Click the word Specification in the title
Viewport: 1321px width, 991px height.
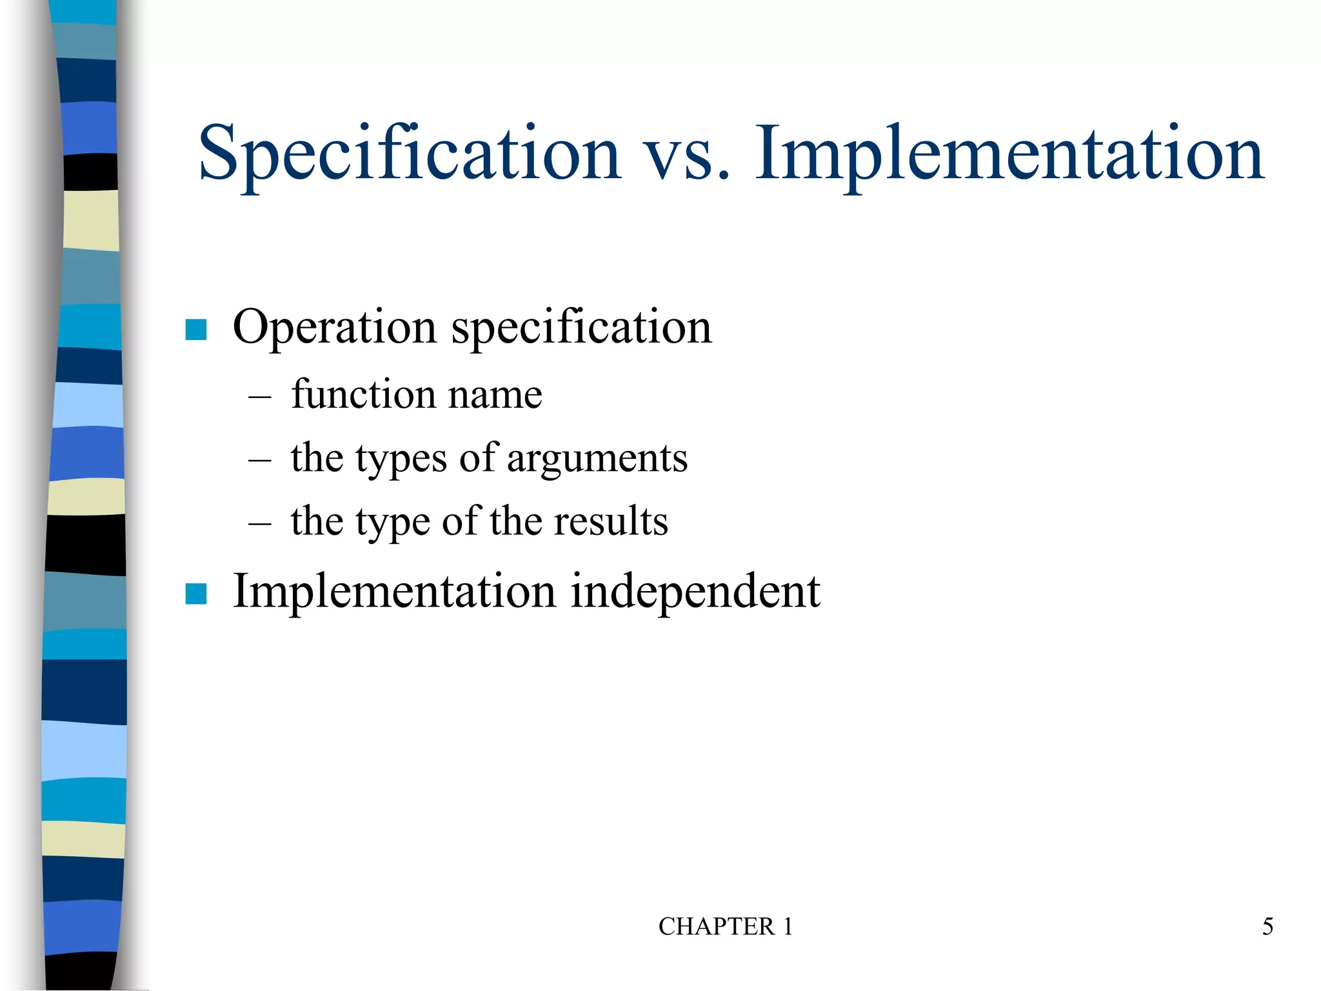409,155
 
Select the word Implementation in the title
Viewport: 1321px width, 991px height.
1009,155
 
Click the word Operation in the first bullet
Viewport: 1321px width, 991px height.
334,328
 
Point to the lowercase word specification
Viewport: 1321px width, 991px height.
582,328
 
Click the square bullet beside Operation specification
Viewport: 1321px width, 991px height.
196,330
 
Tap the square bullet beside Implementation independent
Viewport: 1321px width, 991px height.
196,594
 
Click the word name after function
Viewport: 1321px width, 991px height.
495,395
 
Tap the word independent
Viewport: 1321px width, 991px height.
695,592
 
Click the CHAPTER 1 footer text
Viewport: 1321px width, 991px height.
725,926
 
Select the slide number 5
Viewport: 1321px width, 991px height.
1267,926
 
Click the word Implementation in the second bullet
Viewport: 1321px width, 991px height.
393,591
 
